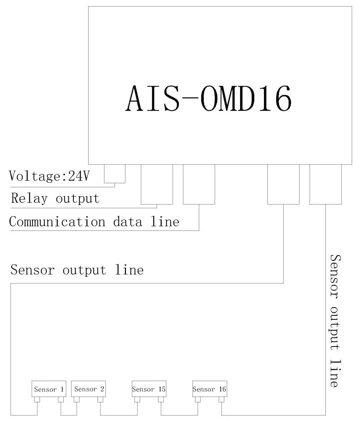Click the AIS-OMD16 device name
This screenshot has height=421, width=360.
pos(208,98)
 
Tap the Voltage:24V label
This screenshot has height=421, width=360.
pos(49,176)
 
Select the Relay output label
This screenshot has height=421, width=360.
pos(55,198)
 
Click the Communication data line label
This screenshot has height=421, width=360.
pos(94,222)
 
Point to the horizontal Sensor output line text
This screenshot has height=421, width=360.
pos(77,270)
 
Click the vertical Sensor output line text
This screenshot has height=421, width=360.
pos(335,321)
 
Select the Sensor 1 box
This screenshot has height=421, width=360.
pos(49,389)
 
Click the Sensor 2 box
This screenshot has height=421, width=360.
pos(89,389)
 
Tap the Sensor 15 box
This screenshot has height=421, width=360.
pos(149,389)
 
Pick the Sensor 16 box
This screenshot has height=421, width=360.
pos(210,389)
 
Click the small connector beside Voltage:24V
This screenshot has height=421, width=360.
pos(114,174)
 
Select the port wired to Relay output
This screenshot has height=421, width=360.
pos(157,184)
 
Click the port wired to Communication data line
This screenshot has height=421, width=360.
pos(199,184)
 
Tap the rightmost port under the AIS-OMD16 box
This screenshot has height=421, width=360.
pos(326,184)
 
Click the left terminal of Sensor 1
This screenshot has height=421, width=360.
pos(37,399)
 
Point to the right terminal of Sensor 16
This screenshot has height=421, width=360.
pos(221,399)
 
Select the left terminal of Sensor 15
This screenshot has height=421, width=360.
pos(137,399)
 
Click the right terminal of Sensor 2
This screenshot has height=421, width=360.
pos(100,399)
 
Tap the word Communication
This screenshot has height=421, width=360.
pos(57,222)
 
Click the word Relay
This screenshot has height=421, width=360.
pos(29,198)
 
